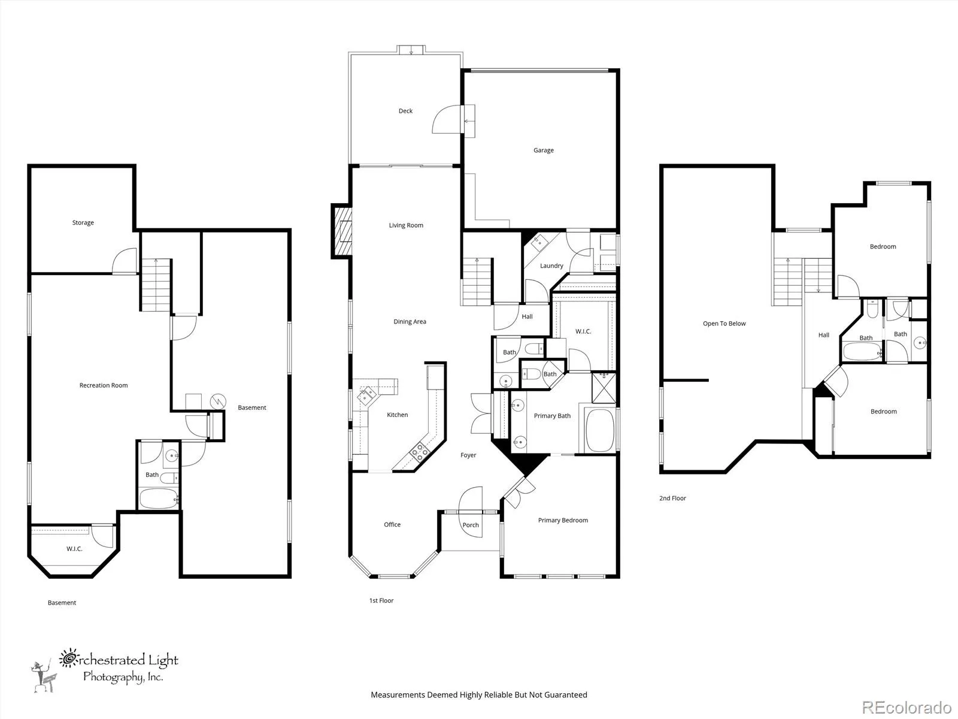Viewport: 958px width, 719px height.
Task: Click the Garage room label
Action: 544,150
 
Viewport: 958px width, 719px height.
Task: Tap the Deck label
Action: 405,111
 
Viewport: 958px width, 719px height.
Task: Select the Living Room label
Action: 406,225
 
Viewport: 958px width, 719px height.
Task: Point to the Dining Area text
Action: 410,322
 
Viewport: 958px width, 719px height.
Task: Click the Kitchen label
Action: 397,415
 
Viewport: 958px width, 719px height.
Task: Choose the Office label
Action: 392,524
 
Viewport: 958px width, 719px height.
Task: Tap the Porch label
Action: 471,525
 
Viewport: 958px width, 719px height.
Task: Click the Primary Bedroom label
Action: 563,520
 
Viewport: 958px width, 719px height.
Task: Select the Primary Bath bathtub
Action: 599,430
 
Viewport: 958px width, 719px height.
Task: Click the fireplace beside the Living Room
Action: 342,231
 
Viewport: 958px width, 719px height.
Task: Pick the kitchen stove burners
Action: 420,451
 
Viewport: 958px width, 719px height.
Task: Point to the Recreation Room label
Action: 104,385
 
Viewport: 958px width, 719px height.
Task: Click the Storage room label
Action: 83,223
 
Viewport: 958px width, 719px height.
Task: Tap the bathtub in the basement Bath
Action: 159,498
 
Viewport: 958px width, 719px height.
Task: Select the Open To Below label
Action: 724,324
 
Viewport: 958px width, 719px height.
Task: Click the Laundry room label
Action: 551,265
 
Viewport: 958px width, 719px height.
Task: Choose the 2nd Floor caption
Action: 672,498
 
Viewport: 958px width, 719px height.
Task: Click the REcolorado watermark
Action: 907,707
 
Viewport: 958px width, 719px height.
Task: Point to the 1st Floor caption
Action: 381,600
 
